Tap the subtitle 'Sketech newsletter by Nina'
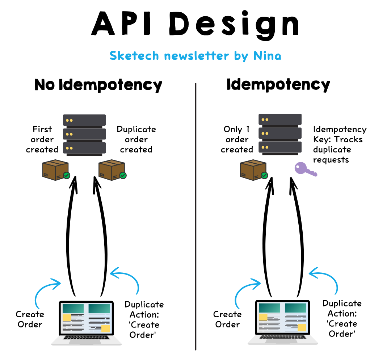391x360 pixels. [195, 56]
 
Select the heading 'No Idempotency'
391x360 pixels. [98, 85]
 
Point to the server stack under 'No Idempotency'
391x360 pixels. [84, 134]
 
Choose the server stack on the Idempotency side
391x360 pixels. [280, 134]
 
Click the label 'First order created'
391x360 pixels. [42, 139]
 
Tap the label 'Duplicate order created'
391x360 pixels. [136, 139]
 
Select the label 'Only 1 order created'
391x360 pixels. [237, 139]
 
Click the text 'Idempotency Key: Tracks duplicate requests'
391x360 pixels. [340, 145]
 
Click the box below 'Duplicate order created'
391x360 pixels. [112, 170]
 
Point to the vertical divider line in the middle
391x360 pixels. [195, 217]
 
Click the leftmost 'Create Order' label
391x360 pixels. [30, 319]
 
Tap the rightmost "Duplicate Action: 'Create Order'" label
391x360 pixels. [342, 319]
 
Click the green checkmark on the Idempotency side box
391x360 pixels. [264, 176]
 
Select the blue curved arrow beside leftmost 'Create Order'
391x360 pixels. [45, 293]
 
